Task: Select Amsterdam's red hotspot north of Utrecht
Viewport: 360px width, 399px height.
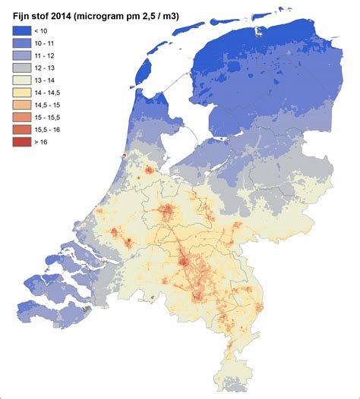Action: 149,169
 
